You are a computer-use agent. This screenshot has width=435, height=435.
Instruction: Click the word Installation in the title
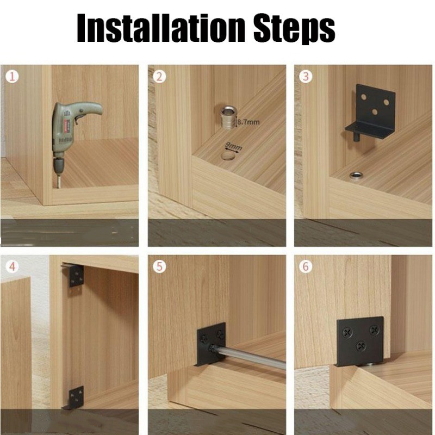(161, 28)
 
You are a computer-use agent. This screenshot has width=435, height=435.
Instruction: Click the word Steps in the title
(294, 29)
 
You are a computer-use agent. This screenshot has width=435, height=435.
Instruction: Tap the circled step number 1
(12, 77)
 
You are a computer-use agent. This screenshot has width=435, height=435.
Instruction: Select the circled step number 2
(159, 77)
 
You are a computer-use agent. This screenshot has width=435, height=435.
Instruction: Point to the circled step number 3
(306, 77)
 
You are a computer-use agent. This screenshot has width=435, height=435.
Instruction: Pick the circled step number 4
(12, 266)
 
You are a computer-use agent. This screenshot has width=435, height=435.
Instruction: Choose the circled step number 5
(159, 266)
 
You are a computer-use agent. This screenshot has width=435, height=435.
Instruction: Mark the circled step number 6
(306, 266)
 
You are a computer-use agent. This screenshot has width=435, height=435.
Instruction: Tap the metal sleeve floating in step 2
(227, 118)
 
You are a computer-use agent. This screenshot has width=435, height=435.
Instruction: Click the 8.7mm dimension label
(248, 122)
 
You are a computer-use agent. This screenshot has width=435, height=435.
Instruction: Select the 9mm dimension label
(234, 146)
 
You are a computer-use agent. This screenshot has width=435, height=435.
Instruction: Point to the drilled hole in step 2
(228, 156)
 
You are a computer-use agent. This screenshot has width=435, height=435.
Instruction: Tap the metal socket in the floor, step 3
(356, 175)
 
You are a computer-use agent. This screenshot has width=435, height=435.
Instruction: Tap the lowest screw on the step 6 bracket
(361, 346)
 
